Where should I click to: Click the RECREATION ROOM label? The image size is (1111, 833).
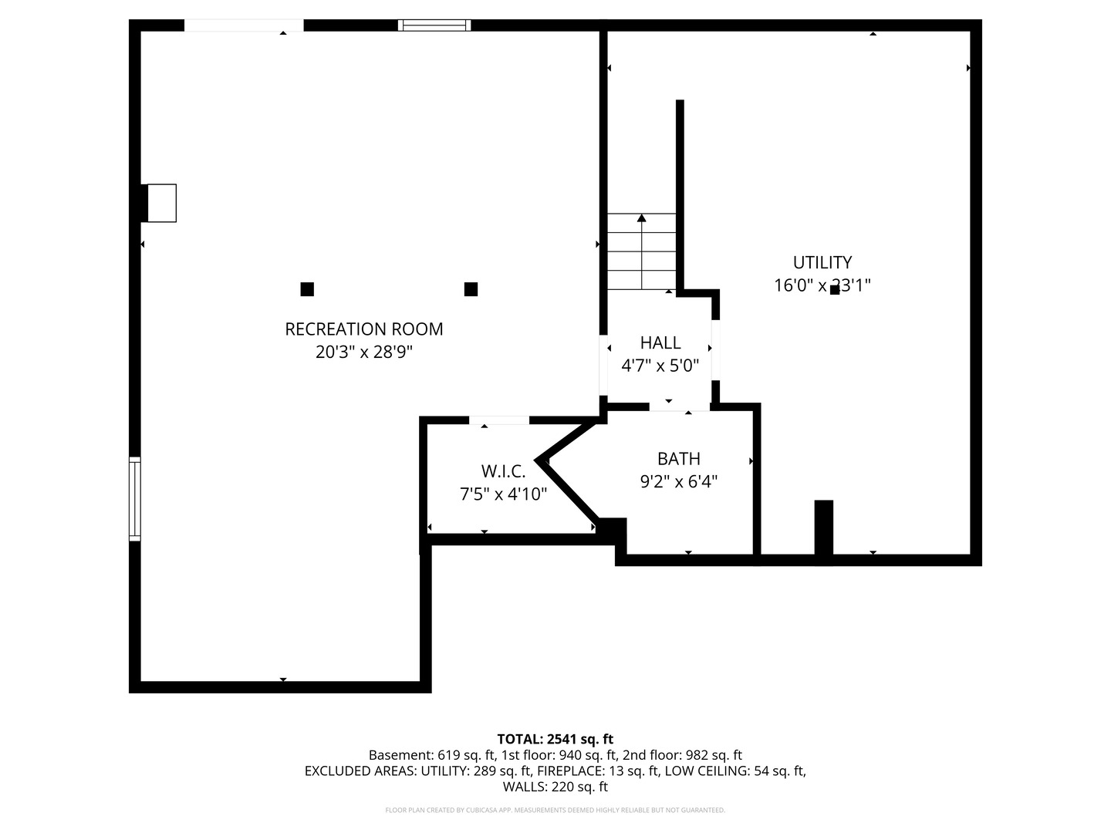pos(364,329)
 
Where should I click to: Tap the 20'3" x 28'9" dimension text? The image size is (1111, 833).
pos(364,352)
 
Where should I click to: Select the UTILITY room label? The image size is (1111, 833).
pos(822,262)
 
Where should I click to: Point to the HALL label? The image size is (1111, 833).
pos(660,343)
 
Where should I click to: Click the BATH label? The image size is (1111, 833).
pos(679,459)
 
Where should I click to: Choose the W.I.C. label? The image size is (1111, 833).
pos(503,471)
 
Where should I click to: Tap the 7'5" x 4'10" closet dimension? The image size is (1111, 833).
pos(503,494)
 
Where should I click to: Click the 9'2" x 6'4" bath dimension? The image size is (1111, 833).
pos(679,481)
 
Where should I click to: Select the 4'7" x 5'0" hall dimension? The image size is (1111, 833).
pos(660,365)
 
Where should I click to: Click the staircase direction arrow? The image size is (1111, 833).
pos(642,251)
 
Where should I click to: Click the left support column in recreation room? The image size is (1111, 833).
pos(307,289)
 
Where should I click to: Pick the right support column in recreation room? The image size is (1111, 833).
pos(471,289)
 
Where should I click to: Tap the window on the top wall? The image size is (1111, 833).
pos(434,25)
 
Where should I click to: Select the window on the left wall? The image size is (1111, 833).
pos(135,499)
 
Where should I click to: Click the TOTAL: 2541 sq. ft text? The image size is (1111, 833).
pos(555,739)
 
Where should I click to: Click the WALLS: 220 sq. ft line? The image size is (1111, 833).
pos(555,787)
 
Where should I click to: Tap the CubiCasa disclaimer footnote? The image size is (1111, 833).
pos(555,810)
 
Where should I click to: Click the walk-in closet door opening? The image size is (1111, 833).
pos(499,420)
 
